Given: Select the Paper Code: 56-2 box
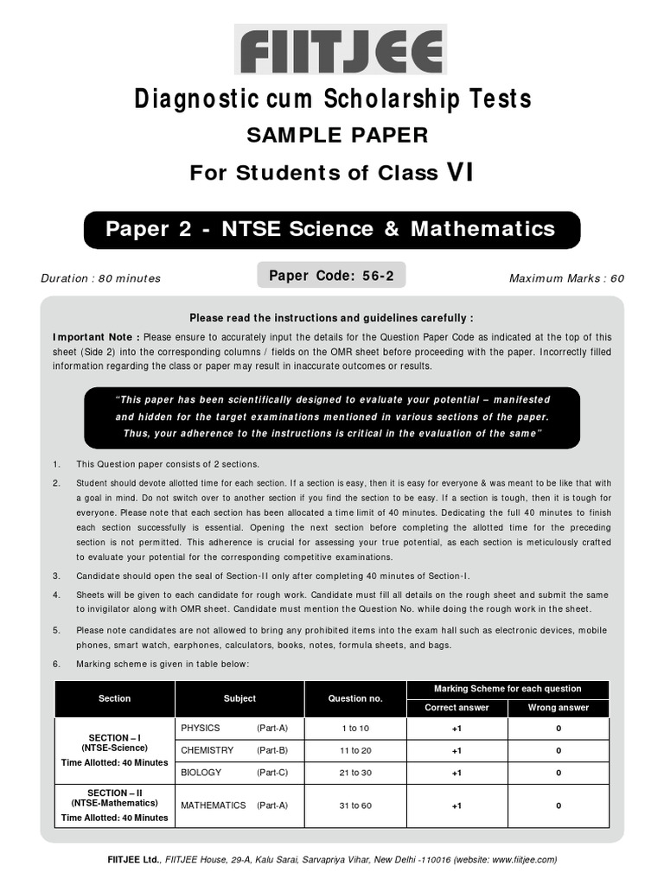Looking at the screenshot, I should point(331,276).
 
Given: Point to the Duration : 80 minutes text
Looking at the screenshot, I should point(100,278).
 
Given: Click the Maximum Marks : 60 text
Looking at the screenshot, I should point(566,278).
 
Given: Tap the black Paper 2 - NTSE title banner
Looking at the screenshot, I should point(331,229).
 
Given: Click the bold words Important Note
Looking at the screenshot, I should point(97,337).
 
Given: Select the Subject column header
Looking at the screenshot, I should point(239,698).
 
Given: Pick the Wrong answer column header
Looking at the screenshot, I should point(559,707).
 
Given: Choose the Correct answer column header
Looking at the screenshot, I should point(456,707).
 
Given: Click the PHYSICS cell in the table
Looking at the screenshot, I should point(201,728).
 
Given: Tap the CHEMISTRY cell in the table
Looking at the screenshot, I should point(207,750).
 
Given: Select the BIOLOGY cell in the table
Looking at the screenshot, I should point(201,773).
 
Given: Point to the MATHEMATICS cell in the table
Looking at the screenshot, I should point(214,805).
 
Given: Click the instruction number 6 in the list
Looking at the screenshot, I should point(56,664).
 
